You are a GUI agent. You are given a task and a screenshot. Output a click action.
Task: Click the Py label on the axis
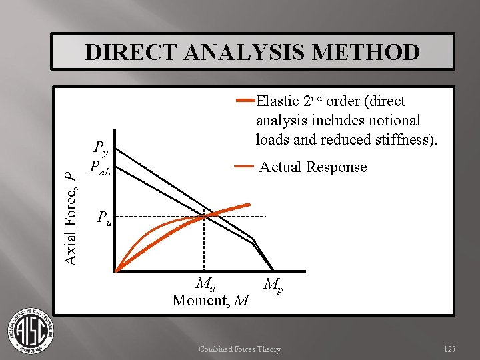100,147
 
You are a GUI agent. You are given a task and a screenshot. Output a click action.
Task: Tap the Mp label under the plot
271,285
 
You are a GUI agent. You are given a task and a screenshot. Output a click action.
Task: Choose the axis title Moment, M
210,301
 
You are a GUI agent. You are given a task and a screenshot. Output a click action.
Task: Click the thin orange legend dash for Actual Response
243,165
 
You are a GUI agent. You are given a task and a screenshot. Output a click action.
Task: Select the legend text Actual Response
313,167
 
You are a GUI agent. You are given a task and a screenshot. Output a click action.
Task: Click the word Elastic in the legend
278,101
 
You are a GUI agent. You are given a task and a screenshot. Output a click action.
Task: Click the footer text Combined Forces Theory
240,349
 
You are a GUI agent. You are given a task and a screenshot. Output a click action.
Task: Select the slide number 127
450,349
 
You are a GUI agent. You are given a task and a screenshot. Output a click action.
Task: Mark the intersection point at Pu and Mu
204,216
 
